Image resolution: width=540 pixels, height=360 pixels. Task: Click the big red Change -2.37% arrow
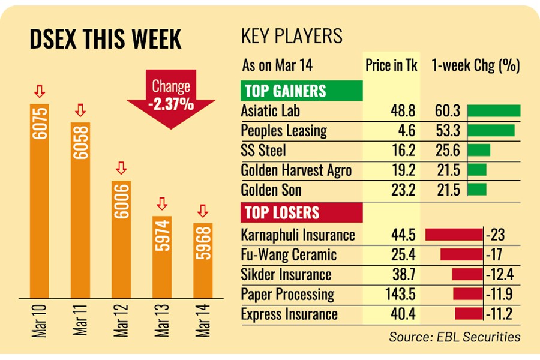(171, 98)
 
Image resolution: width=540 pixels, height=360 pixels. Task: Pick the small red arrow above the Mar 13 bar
(161, 202)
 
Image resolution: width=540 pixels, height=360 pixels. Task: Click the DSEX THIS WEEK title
(105, 40)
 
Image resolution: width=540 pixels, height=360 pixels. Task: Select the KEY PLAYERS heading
(292, 36)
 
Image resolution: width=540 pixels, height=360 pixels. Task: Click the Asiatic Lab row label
(270, 111)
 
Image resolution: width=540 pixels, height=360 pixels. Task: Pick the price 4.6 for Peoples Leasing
(407, 131)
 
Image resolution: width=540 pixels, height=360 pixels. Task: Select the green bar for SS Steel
(478, 150)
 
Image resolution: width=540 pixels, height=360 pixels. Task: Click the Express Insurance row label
(289, 314)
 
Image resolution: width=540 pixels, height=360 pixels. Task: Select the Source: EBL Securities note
(454, 337)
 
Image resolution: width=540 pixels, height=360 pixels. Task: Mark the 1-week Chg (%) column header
(475, 65)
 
